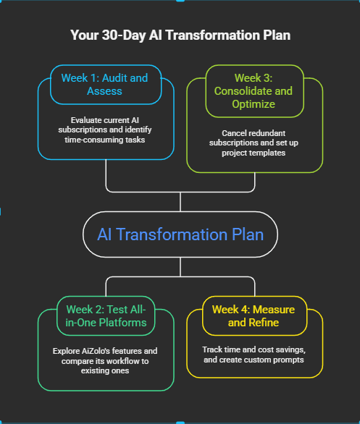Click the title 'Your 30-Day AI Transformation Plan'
180,35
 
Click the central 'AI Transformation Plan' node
180,234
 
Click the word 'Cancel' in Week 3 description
235,133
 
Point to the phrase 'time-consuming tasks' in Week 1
106,137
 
